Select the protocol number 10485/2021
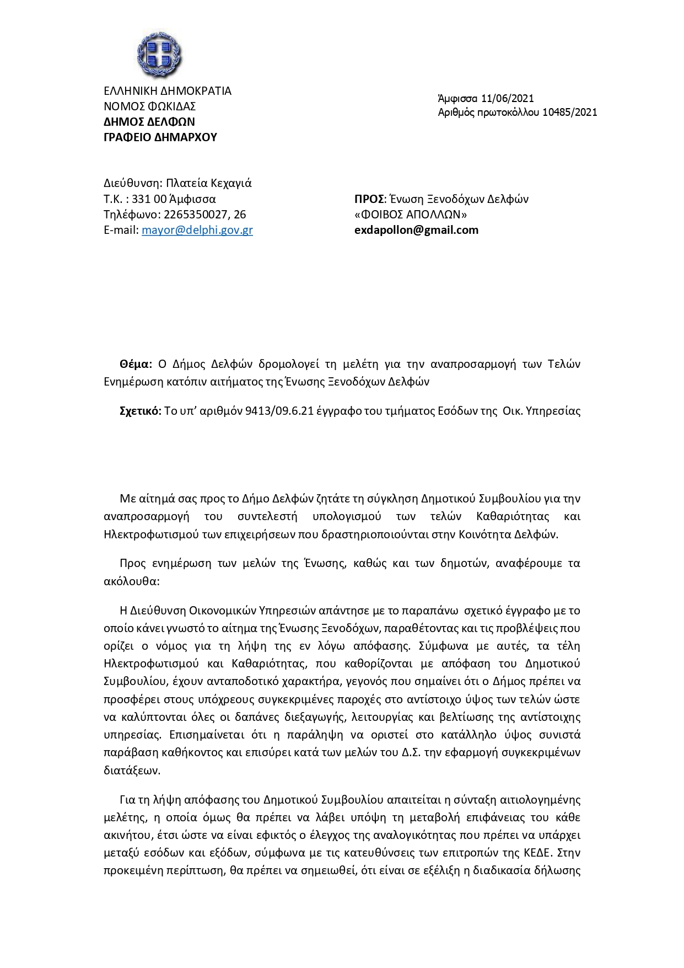pos(569,113)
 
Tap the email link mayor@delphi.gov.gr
pos(197,230)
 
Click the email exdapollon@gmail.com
pos(416,230)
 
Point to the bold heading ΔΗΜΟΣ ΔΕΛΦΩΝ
pos(149,122)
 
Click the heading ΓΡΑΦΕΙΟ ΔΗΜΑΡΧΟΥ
pos(160,137)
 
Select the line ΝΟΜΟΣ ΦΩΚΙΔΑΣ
pos(150,106)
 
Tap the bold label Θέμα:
pos(136,364)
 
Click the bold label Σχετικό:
pos(140,411)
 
